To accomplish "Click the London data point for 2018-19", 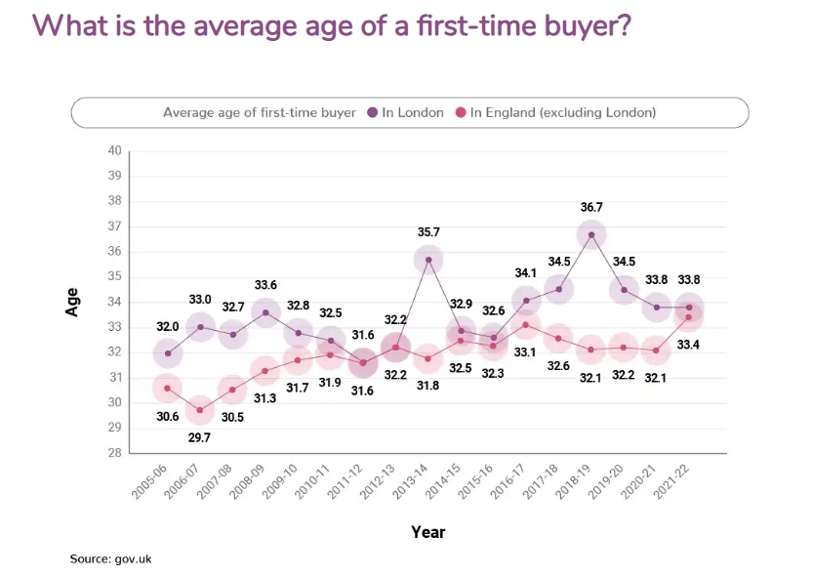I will click(591, 234).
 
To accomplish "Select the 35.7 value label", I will click(428, 232).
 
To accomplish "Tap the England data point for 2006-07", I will click(200, 409).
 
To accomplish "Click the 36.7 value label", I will click(591, 207).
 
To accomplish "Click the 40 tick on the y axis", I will click(114, 150).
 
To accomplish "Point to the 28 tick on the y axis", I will click(114, 453).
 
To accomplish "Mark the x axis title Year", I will click(427, 532).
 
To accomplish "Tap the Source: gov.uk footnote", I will click(110, 559).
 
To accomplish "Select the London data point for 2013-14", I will click(428, 260).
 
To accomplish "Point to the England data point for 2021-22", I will click(689, 317).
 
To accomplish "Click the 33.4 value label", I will click(689, 345).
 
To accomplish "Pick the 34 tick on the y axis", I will click(114, 302).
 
